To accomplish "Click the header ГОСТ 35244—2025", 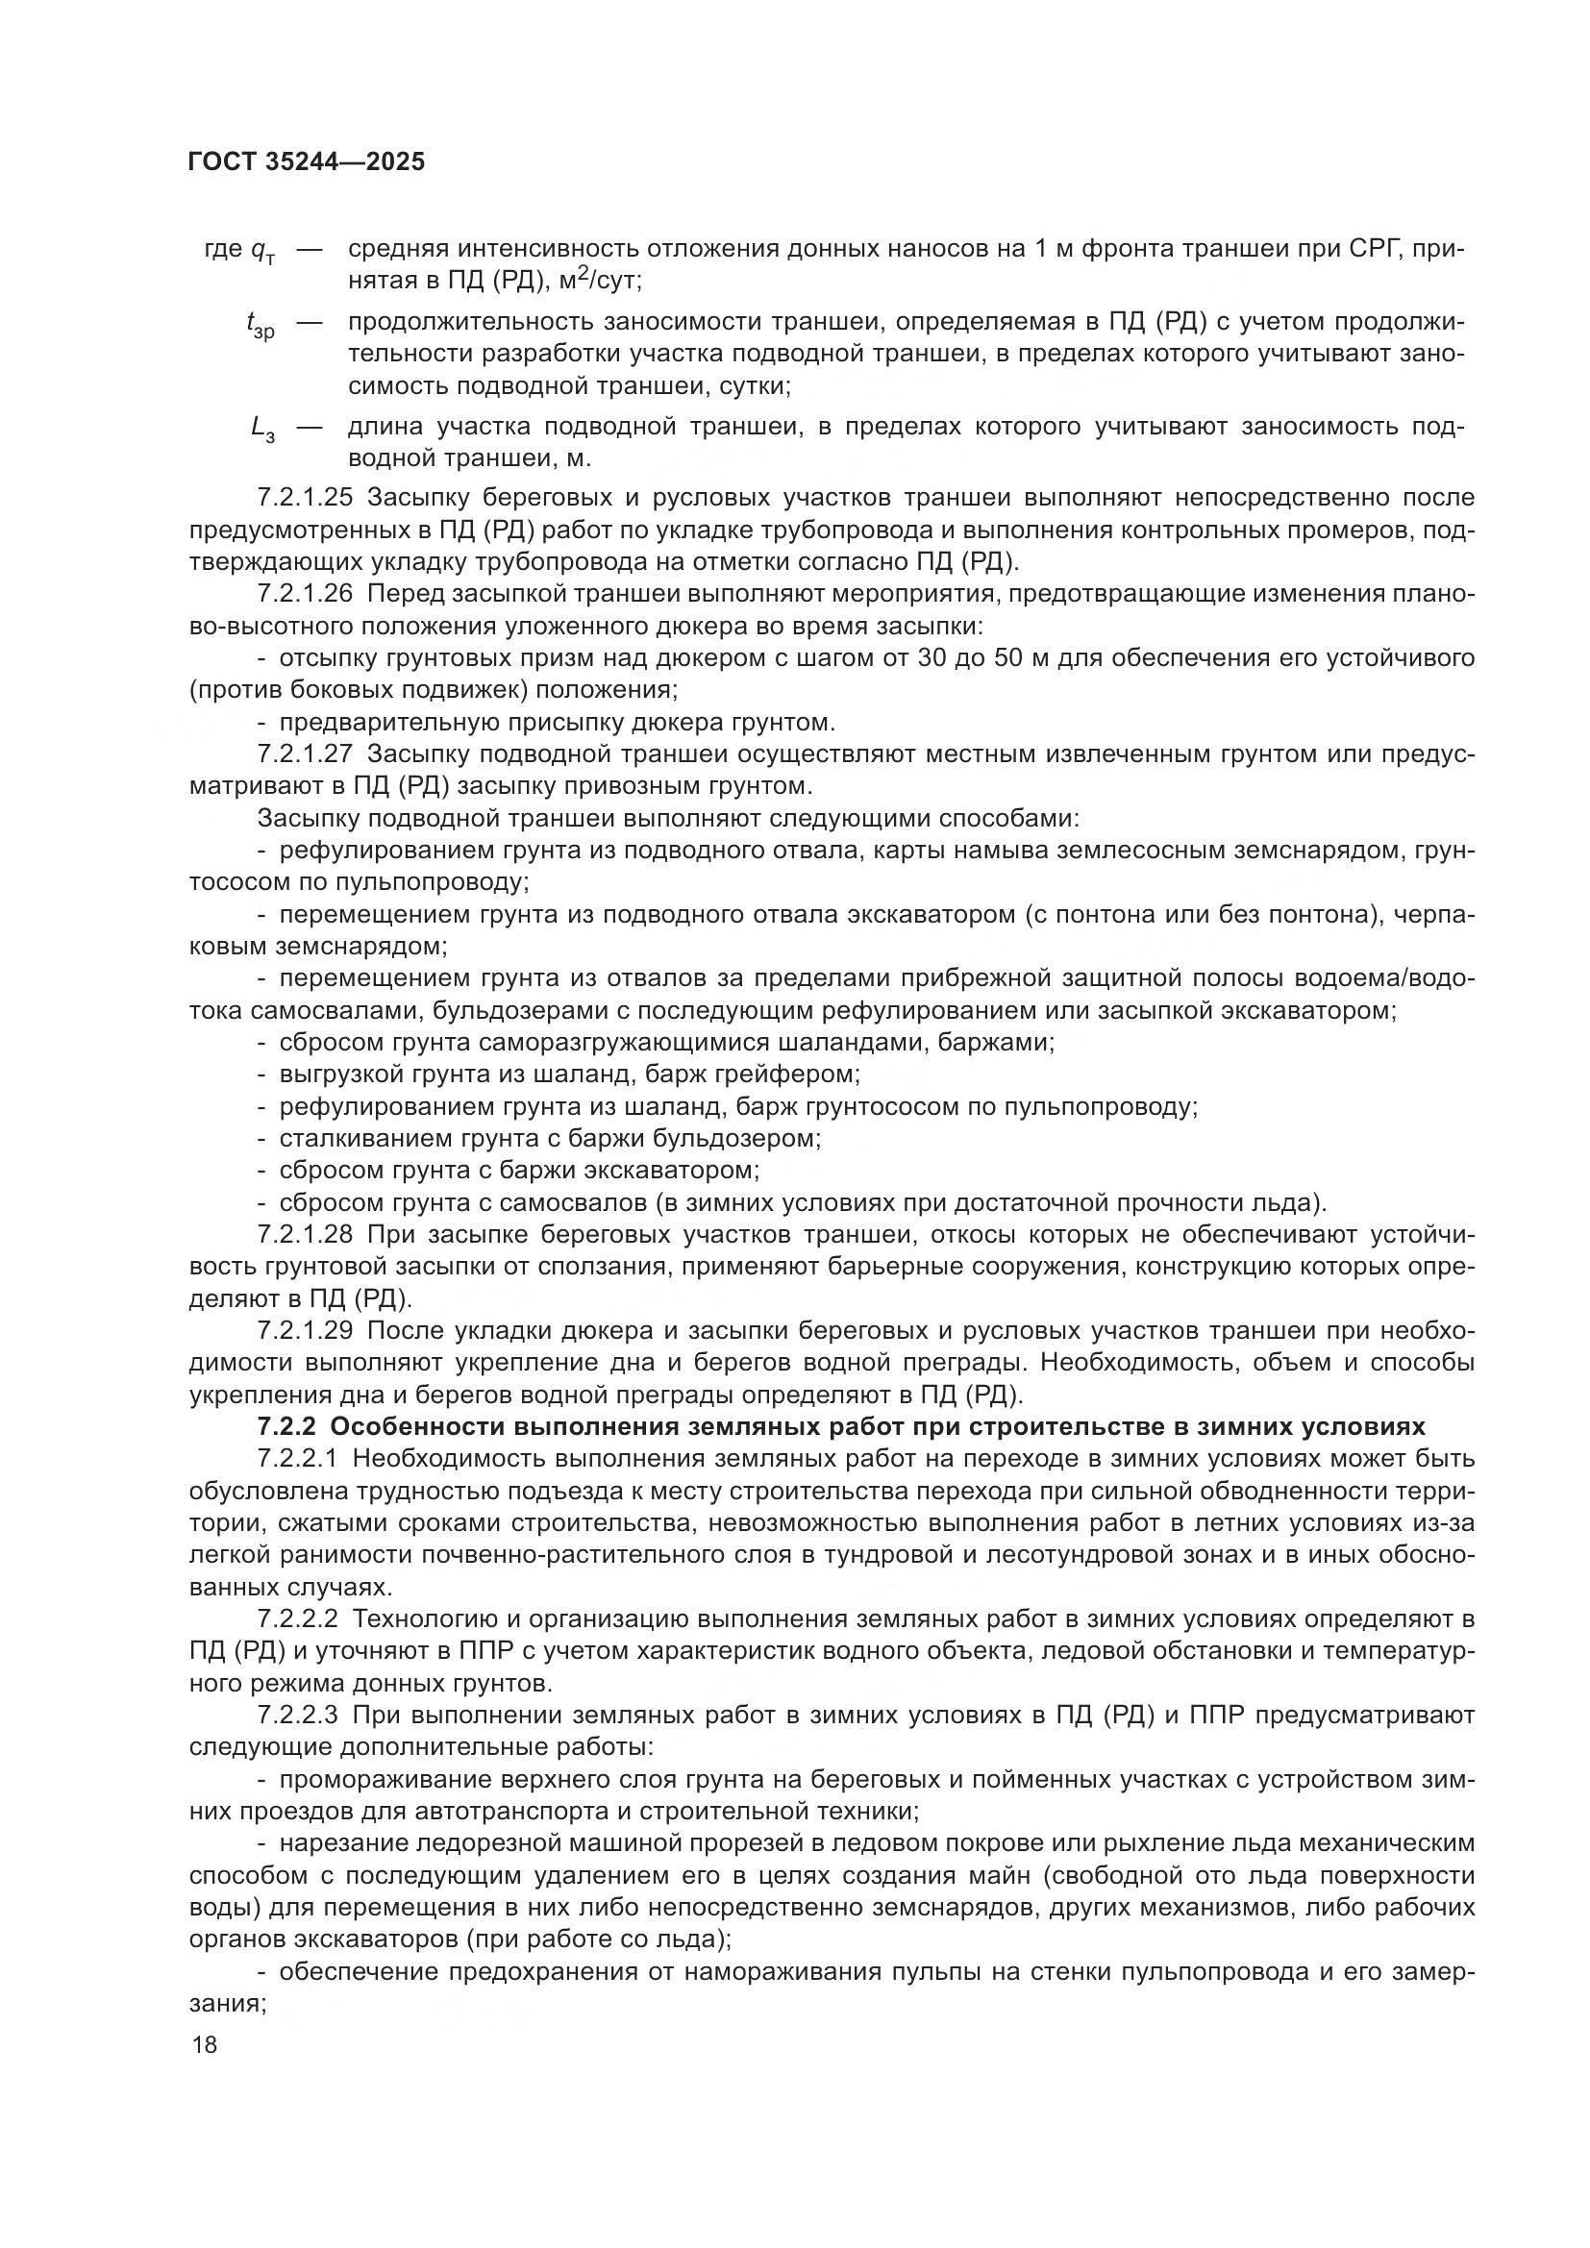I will point(307,162).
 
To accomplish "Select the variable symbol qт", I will point(262,252).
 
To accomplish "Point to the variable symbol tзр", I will point(261,324).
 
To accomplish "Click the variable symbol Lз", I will point(262,429).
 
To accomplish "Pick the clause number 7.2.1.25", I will point(305,498).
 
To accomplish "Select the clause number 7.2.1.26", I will point(305,593).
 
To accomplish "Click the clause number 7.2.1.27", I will point(305,753).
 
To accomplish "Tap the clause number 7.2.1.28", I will point(305,1235).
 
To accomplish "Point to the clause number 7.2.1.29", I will point(305,1330).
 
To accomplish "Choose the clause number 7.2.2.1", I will point(298,1459).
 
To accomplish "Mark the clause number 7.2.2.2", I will point(298,1619).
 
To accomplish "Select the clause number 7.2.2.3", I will point(298,1716).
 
